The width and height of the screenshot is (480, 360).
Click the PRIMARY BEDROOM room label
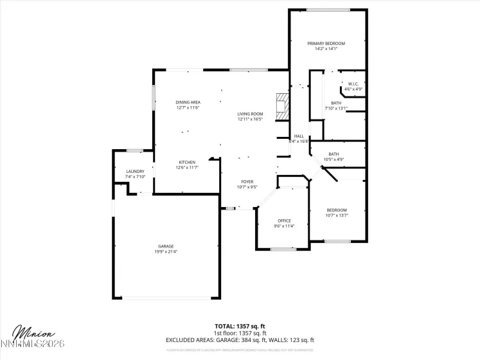(x=330, y=43)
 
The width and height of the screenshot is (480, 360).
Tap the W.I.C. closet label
(x=353, y=84)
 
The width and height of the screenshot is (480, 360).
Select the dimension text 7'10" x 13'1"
(x=336, y=108)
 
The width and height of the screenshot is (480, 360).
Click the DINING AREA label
(x=188, y=102)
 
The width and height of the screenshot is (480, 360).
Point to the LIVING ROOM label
(x=251, y=114)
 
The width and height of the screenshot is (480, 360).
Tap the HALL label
(x=299, y=136)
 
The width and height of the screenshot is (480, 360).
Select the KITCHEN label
(x=187, y=162)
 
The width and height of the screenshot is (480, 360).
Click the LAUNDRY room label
(x=135, y=171)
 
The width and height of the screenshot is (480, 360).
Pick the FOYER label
(x=247, y=182)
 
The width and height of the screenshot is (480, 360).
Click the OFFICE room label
(x=284, y=221)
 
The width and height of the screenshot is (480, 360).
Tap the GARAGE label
(x=166, y=246)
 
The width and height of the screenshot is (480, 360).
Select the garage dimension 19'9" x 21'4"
(x=166, y=252)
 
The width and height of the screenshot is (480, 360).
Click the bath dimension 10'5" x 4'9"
(x=333, y=159)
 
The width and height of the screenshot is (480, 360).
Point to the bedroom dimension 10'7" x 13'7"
(x=337, y=216)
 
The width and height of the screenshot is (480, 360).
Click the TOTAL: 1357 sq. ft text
(x=240, y=326)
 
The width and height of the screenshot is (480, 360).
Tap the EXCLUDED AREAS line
(x=240, y=339)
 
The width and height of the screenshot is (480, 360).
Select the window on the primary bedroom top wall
(x=328, y=10)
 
